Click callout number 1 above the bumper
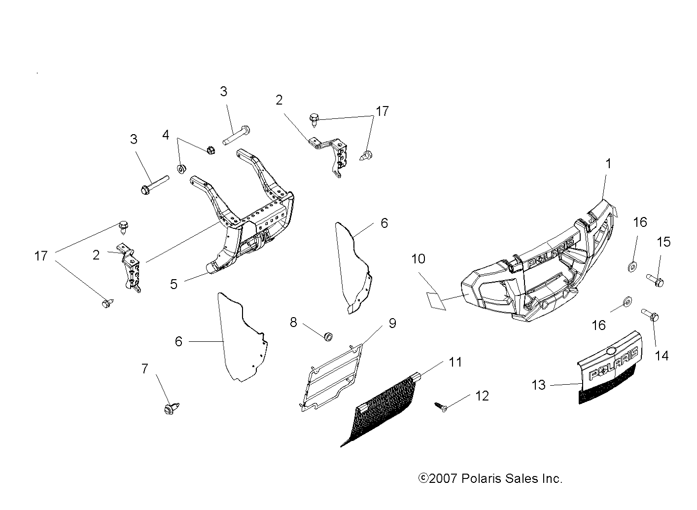(608, 164)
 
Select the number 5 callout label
(174, 284)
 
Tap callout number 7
(144, 368)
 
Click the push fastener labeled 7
(170, 408)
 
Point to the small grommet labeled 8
(328, 336)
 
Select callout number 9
(392, 324)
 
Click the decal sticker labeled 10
(436, 300)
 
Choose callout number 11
(455, 363)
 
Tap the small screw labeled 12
(440, 406)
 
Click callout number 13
(539, 385)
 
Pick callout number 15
(663, 242)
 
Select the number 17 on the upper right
(382, 111)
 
